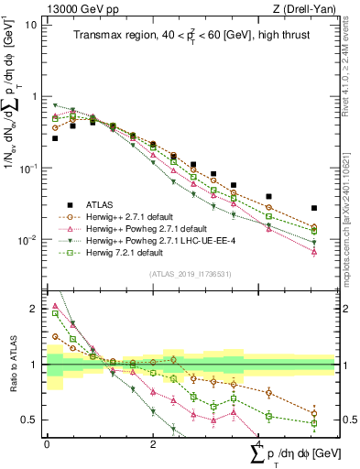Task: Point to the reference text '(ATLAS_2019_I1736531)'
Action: click(191, 274)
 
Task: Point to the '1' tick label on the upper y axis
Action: click(36, 96)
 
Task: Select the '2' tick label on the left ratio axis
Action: click(36, 309)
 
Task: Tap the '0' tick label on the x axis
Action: click(47, 443)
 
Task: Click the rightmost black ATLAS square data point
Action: click(314, 209)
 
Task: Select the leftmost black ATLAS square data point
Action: click(55, 138)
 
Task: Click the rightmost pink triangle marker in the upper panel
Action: click(314, 250)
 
